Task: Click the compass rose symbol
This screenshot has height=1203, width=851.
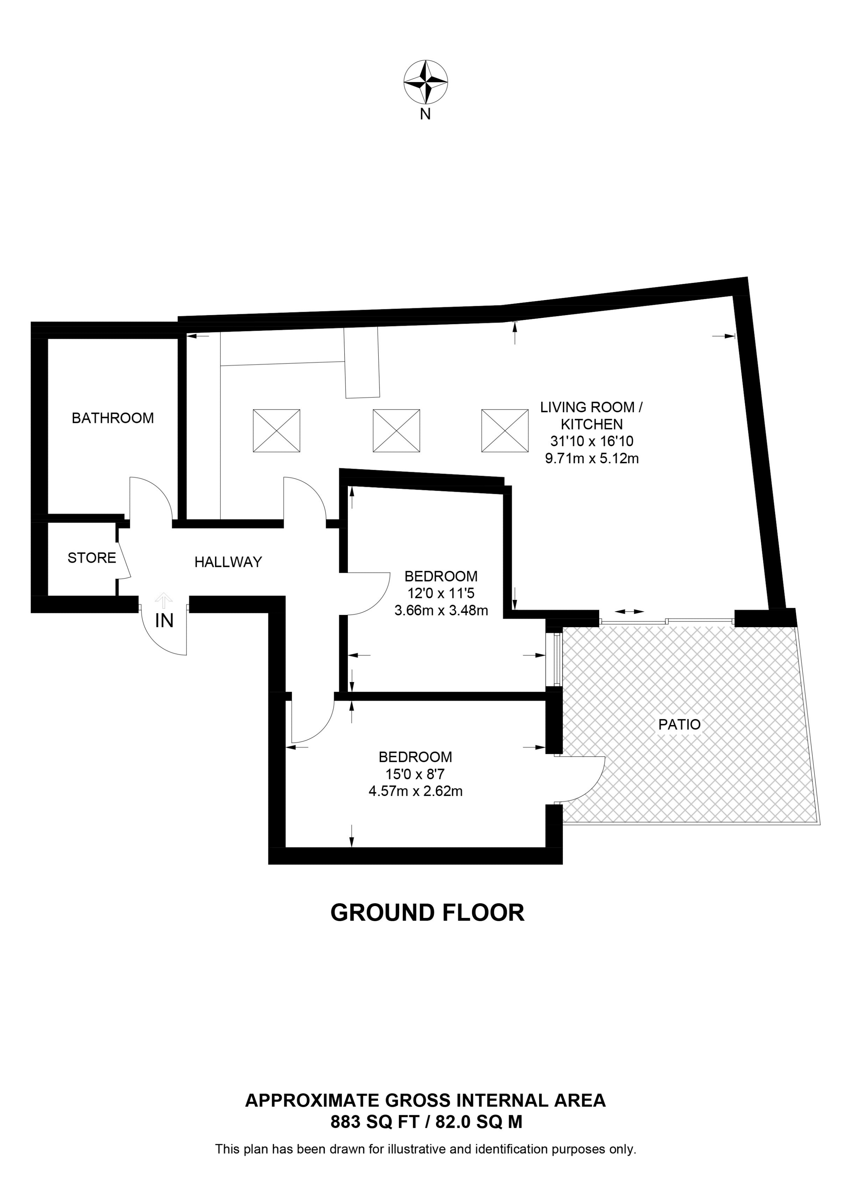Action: click(x=425, y=82)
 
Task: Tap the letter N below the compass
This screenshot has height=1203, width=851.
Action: click(x=425, y=114)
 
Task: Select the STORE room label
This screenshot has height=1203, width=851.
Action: click(x=92, y=558)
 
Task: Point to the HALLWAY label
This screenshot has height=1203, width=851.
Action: click(x=228, y=562)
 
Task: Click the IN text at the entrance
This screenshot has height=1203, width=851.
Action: click(x=164, y=621)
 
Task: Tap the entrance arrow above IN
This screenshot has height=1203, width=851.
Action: click(x=164, y=600)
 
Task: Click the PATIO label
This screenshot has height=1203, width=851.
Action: click(x=679, y=725)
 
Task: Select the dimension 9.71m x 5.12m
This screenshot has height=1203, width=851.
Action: click(x=591, y=459)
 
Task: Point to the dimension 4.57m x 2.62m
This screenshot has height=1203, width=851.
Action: click(x=415, y=791)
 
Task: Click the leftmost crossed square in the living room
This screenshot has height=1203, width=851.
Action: click(x=277, y=431)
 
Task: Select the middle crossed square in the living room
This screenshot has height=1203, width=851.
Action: click(x=396, y=431)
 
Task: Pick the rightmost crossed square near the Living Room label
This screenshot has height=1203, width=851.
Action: click(x=505, y=431)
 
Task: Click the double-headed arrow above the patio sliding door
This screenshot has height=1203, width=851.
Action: click(x=629, y=611)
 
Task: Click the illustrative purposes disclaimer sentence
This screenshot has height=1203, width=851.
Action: click(x=425, y=1150)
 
